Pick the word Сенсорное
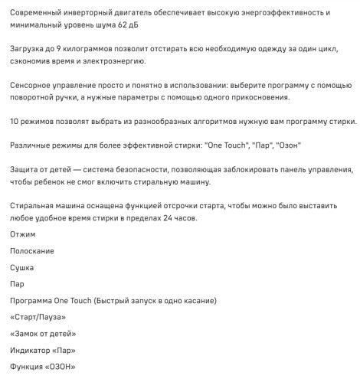pyautogui.click(x=34, y=83)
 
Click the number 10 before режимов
pyautogui.click(x=15, y=122)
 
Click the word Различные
pyautogui.click(x=34, y=145)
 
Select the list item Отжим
pyautogui.click(x=24, y=235)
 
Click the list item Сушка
pyautogui.click(x=23, y=268)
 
